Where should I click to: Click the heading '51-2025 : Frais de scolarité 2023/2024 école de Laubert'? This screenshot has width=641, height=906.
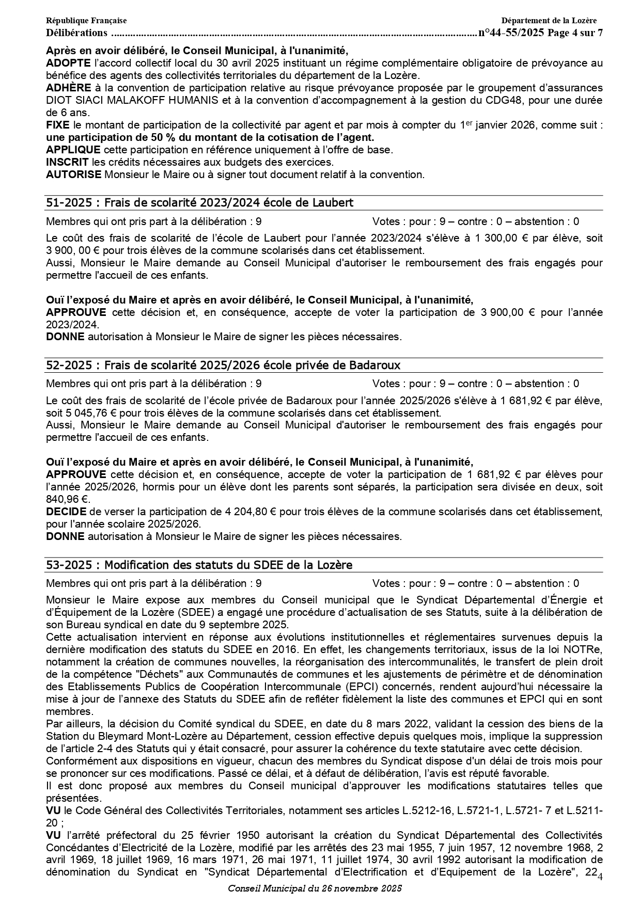199,203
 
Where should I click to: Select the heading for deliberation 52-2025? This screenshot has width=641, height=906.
223,365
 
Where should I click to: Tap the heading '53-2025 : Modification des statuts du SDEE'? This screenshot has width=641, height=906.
199,565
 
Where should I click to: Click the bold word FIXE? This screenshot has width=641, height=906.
58,125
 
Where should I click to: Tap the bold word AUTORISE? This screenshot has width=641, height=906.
74,174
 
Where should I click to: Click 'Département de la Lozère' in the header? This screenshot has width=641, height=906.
549,21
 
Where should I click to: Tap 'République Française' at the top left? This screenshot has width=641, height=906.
86,21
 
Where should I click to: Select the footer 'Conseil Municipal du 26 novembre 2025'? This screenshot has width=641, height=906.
315,888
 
